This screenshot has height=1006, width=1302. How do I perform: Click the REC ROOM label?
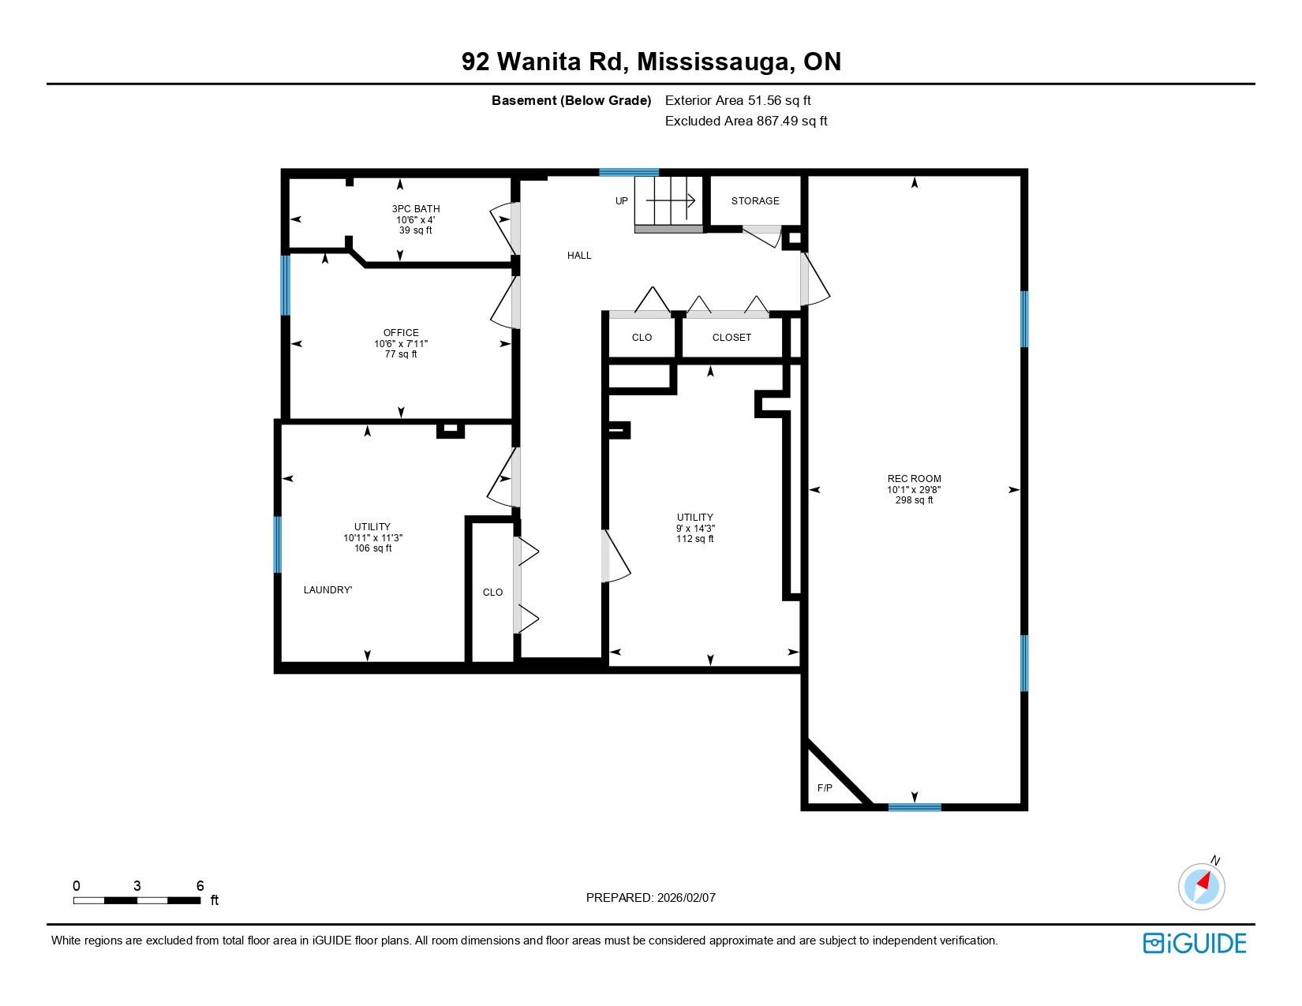tap(914, 479)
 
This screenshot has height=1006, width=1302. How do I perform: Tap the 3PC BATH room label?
tap(416, 209)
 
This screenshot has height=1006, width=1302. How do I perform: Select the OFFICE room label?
tap(401, 333)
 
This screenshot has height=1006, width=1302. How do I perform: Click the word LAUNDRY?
tap(327, 590)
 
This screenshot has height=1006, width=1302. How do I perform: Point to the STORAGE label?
tap(755, 201)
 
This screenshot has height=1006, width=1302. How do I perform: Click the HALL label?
tap(579, 256)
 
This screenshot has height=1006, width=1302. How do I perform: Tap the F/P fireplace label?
tap(825, 788)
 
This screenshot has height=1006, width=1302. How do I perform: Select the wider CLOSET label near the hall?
tap(731, 338)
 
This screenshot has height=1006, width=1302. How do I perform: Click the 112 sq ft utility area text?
tap(695, 539)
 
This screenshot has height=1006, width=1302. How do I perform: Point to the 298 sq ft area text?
tap(914, 500)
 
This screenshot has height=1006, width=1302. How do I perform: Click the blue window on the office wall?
tap(286, 285)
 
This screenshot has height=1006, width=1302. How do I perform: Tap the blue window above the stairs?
tap(629, 172)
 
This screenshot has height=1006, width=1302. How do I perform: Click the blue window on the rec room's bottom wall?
tap(915, 807)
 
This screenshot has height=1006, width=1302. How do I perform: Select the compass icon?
tap(1201, 885)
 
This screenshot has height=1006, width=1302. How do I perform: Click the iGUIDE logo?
tap(1195, 944)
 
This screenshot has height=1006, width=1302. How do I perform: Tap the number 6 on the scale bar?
tap(200, 886)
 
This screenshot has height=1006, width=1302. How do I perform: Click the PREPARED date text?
tap(651, 898)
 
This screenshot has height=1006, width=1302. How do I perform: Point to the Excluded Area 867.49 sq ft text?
tap(746, 122)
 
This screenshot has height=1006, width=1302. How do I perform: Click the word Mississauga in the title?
tap(716, 62)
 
